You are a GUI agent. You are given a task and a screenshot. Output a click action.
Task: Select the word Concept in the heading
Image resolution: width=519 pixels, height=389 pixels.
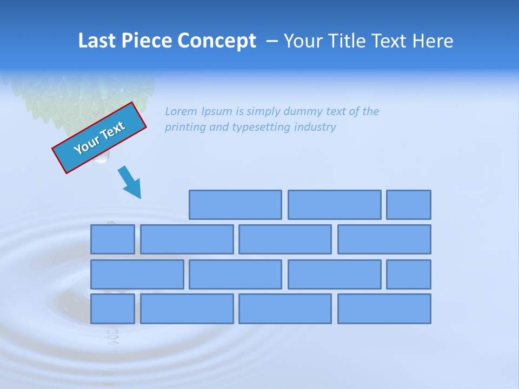[217, 42]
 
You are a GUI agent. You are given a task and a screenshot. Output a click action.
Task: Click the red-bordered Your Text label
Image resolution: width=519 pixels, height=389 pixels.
[99, 138]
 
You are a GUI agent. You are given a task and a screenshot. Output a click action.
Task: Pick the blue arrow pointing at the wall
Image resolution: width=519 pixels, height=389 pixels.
[130, 183]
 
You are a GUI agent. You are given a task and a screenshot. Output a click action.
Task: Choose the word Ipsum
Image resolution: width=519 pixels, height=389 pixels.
[217, 112]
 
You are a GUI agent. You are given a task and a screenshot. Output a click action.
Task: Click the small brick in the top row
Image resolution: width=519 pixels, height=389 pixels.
[409, 205]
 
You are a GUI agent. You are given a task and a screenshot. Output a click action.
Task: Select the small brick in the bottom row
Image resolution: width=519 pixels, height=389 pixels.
[112, 308]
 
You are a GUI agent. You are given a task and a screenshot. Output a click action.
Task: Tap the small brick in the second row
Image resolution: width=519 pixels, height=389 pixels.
[112, 239]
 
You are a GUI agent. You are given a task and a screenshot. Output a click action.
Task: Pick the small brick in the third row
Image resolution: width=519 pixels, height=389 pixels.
[409, 274]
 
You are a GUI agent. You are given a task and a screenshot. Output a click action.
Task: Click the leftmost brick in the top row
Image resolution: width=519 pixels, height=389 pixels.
[235, 205]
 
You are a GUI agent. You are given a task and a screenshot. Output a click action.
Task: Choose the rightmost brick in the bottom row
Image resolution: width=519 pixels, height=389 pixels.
[384, 308]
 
